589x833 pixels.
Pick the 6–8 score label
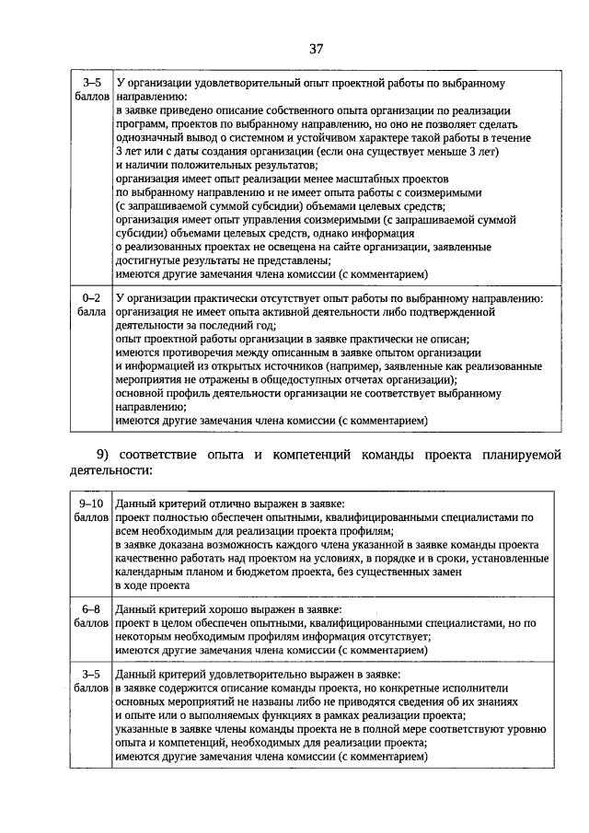[x=91, y=609]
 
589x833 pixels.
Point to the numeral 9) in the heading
[x=106, y=454]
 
